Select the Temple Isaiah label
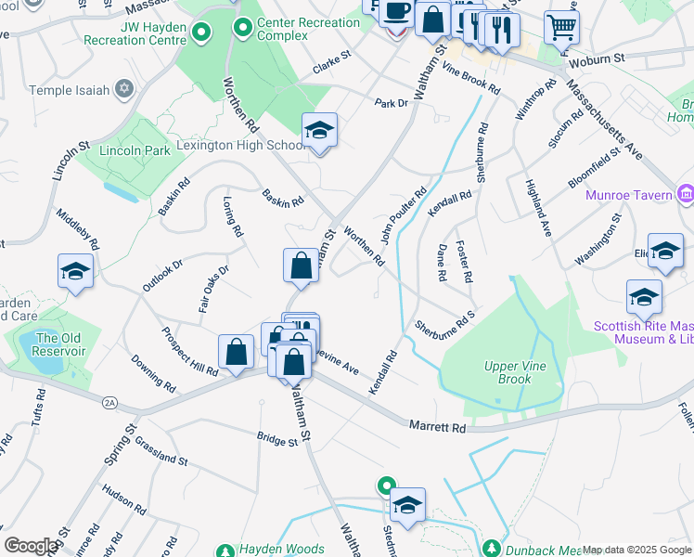point(70,90)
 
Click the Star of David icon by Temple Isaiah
point(124,90)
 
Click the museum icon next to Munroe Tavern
point(686,194)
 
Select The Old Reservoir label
point(60,344)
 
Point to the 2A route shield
point(111,401)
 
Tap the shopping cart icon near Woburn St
point(561,27)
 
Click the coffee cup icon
point(396,11)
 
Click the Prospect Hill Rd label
point(188,352)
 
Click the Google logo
point(31,546)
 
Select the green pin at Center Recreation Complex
point(244,29)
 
